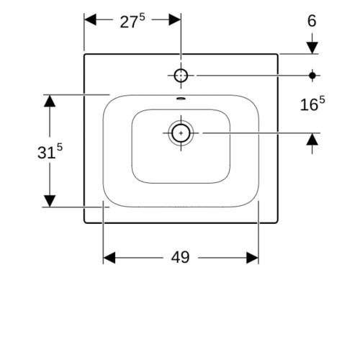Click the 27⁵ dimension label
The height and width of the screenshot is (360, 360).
(x=132, y=21)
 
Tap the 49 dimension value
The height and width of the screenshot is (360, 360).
(x=180, y=257)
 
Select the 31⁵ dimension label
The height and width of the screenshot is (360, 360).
(x=50, y=151)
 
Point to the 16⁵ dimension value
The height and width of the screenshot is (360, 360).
(x=312, y=104)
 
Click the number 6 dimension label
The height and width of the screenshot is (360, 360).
(x=312, y=21)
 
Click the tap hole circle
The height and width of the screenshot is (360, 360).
(x=181, y=76)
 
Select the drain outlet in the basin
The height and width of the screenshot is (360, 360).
(x=181, y=133)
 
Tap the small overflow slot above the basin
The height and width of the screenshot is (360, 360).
(x=181, y=98)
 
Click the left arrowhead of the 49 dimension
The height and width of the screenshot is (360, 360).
(x=109, y=258)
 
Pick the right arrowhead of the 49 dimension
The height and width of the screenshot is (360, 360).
(x=253, y=258)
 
